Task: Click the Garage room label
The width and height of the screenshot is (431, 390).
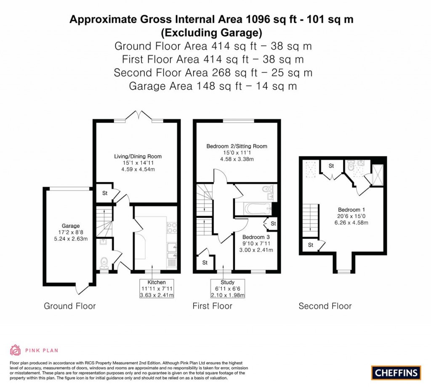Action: [71, 226]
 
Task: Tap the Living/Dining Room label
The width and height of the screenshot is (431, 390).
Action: [138, 156]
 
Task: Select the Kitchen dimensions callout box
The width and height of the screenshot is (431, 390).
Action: [157, 288]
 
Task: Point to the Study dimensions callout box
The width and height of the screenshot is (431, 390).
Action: [227, 288]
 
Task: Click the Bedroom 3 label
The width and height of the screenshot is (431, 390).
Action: [256, 237]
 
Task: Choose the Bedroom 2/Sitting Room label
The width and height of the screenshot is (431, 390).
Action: [237, 146]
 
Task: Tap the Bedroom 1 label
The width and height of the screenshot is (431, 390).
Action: [351, 210]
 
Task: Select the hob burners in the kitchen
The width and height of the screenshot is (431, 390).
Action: [172, 228]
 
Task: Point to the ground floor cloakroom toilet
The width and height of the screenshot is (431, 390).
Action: [104, 262]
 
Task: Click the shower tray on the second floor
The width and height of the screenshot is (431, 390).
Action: [377, 175]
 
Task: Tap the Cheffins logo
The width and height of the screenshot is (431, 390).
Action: [396, 373]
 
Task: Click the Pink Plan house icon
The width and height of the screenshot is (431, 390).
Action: [16, 350]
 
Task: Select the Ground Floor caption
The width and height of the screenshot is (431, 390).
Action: [70, 306]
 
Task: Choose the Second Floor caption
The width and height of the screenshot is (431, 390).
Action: [325, 306]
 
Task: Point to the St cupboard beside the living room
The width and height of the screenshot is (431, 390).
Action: [105, 193]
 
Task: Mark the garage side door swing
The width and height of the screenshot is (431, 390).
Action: [82, 289]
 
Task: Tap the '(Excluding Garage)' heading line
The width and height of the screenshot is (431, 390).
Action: [211, 33]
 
